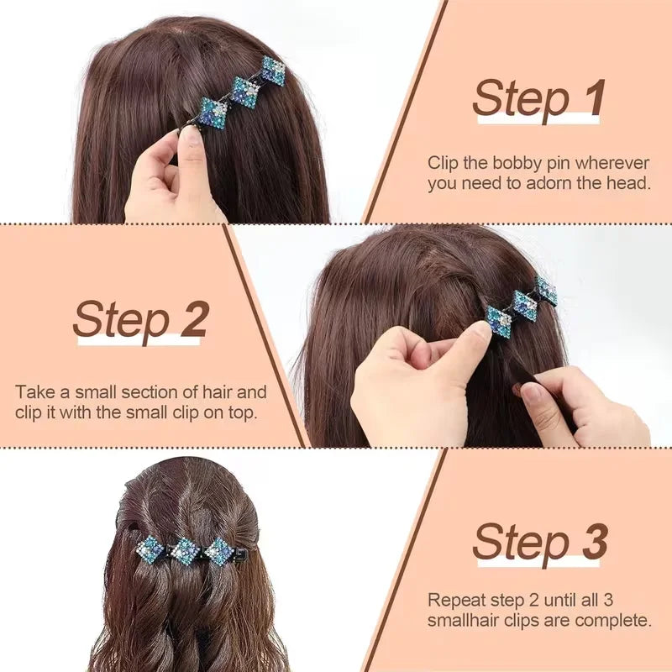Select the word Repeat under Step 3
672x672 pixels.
tap(454, 601)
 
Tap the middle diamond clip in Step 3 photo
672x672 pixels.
tap(185, 551)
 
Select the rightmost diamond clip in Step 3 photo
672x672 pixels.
tap(218, 551)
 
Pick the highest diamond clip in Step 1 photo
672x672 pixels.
tap(273, 71)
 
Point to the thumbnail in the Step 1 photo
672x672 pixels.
tap(192, 135)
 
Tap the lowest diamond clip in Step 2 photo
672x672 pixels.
tap(499, 322)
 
